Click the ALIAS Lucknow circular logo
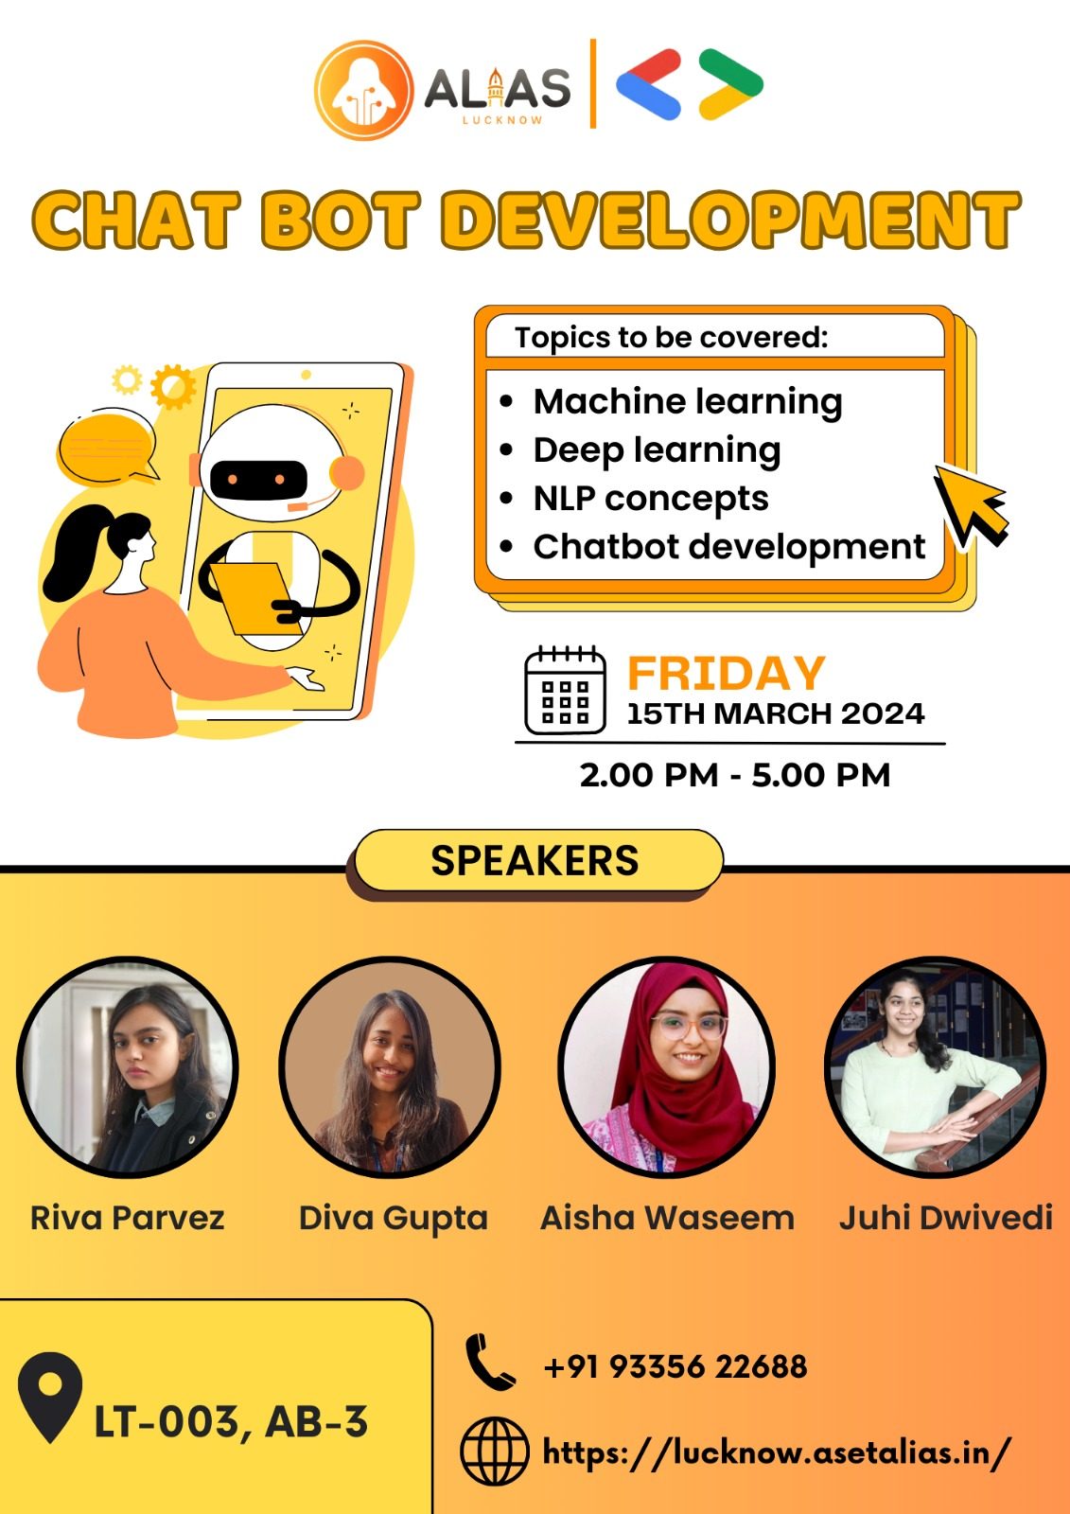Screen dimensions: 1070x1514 363,90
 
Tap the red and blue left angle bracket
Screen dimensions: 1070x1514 648,84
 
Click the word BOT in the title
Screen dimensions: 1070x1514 342,219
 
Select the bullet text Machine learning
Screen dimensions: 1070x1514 688,402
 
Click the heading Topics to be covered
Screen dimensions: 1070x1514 671,337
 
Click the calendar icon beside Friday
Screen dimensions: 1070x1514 565,690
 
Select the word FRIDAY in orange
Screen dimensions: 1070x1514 727,673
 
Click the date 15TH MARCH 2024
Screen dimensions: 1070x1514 775,713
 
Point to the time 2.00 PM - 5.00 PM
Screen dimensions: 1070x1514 735,775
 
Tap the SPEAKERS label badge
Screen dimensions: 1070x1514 538,860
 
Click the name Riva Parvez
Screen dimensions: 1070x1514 127,1218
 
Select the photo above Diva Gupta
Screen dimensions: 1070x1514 390,1067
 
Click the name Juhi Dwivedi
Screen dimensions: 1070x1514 946,1218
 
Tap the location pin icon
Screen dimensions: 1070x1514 49,1397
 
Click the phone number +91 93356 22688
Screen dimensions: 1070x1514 675,1366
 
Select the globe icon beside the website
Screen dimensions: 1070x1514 494,1451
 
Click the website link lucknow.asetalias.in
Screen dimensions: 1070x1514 778,1452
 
